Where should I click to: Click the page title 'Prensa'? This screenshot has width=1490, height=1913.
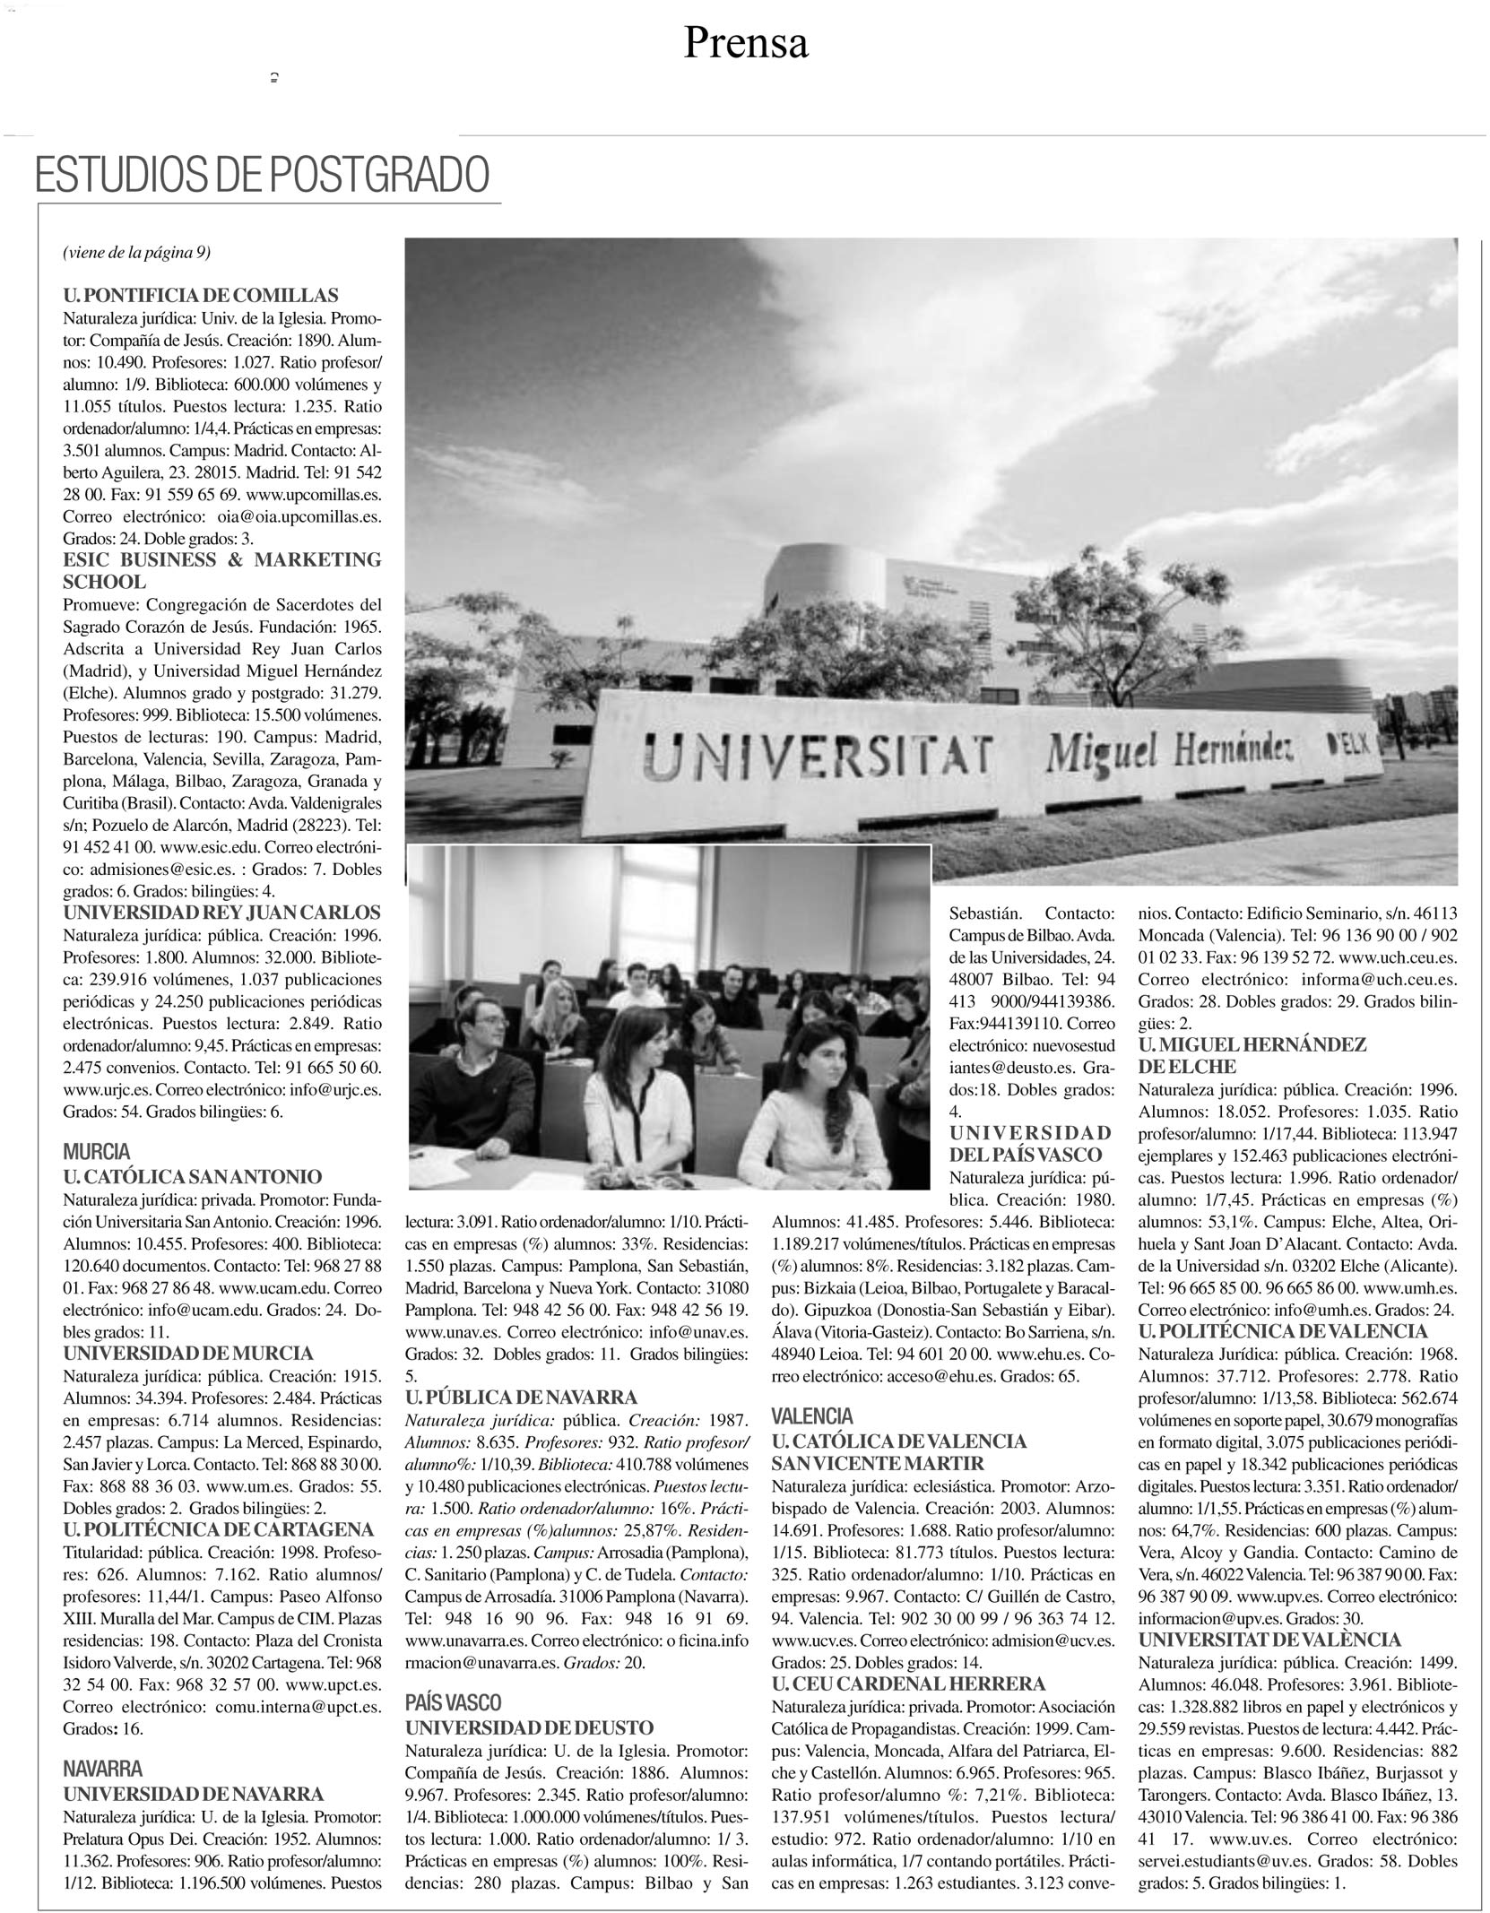click(x=746, y=44)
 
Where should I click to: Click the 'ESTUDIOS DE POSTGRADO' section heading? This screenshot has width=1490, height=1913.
click(x=262, y=176)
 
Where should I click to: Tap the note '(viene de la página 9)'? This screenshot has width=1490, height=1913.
click(x=136, y=253)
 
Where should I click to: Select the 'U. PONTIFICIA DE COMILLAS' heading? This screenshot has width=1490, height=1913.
click(x=200, y=296)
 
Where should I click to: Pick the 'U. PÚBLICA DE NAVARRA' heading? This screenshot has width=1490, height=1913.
click(x=521, y=1397)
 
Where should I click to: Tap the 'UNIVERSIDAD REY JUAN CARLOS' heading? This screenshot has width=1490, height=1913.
click(x=221, y=913)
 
